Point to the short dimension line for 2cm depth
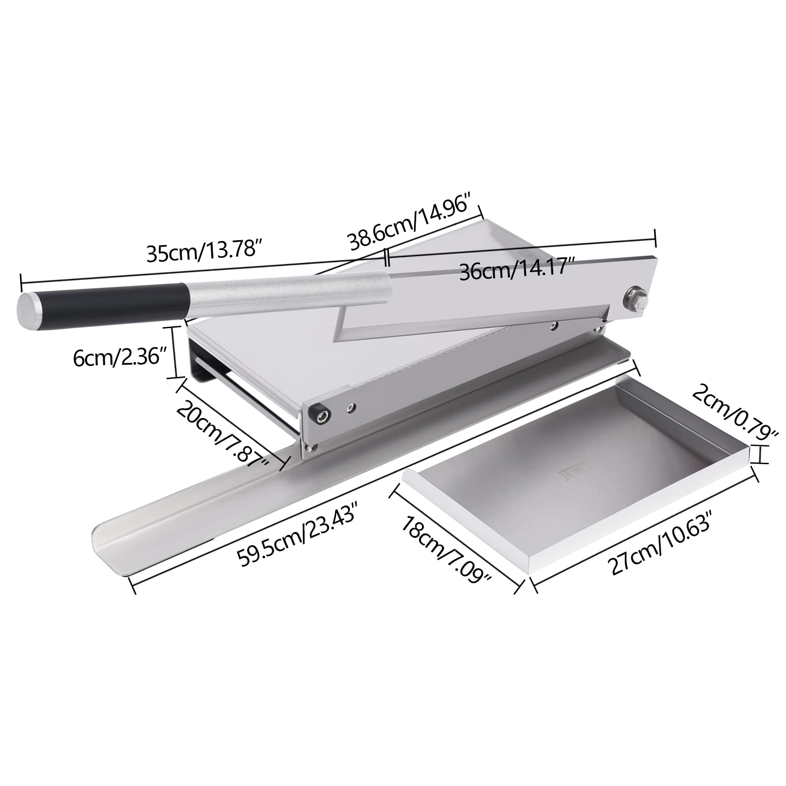(x=760, y=454)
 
